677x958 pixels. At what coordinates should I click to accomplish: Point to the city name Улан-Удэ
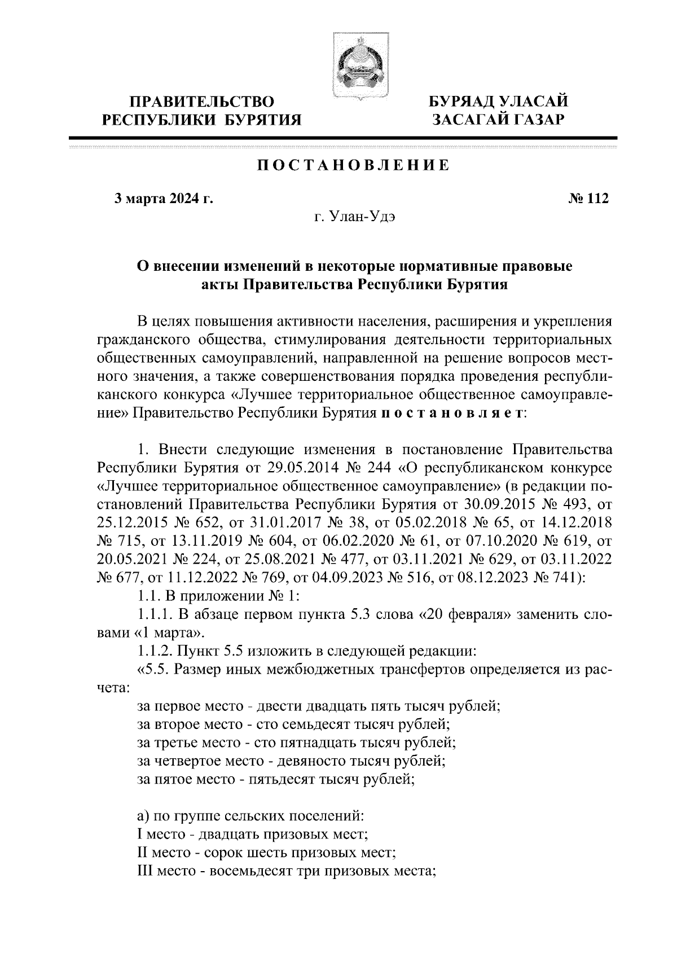(x=363, y=217)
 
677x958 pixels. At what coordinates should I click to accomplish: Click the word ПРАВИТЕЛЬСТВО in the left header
(x=202, y=102)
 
